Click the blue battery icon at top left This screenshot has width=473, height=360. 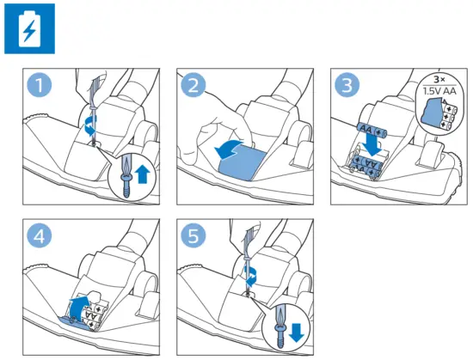pyautogui.click(x=29, y=28)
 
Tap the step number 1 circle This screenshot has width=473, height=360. pyautogui.click(x=40, y=85)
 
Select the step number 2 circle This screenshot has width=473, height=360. pyautogui.click(x=193, y=85)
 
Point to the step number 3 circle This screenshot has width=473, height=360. pyautogui.click(x=347, y=85)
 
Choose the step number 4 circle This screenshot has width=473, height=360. pyautogui.click(x=40, y=235)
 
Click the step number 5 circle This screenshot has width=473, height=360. pyautogui.click(x=193, y=235)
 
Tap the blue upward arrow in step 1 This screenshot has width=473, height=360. pyautogui.click(x=143, y=175)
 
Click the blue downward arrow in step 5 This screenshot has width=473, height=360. pyautogui.click(x=296, y=333)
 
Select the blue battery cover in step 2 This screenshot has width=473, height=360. pyautogui.click(x=242, y=164)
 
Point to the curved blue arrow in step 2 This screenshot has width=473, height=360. pyautogui.click(x=230, y=149)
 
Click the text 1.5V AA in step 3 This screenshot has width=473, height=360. pyautogui.click(x=439, y=91)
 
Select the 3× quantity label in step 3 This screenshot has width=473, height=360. pyautogui.click(x=439, y=80)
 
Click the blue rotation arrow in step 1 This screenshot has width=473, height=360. pyautogui.click(x=90, y=126)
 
